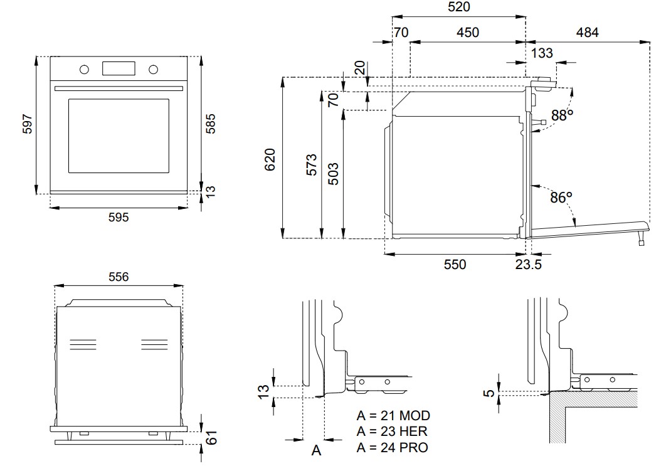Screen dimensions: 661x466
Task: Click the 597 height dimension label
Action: (27, 124)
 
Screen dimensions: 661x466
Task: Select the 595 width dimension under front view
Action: (119, 217)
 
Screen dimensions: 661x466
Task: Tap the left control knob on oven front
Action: (84, 69)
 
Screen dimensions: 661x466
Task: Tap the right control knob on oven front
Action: (154, 69)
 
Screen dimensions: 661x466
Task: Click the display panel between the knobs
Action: (119, 68)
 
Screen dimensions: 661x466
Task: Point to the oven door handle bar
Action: (119, 88)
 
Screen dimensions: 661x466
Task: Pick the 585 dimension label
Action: (210, 124)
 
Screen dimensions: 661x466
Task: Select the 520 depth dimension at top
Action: (458, 7)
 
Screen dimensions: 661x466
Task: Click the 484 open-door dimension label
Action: (587, 32)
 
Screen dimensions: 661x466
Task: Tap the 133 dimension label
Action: (542, 53)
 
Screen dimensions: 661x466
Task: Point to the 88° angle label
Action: (562, 115)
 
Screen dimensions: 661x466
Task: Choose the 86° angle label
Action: (561, 197)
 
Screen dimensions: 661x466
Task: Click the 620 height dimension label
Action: (270, 160)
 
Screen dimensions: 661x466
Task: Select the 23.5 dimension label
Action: (528, 265)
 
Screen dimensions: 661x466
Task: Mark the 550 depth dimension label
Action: (455, 265)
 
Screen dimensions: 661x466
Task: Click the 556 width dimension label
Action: (119, 277)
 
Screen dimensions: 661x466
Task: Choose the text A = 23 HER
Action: (392, 432)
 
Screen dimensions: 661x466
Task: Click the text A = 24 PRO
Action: (393, 447)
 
